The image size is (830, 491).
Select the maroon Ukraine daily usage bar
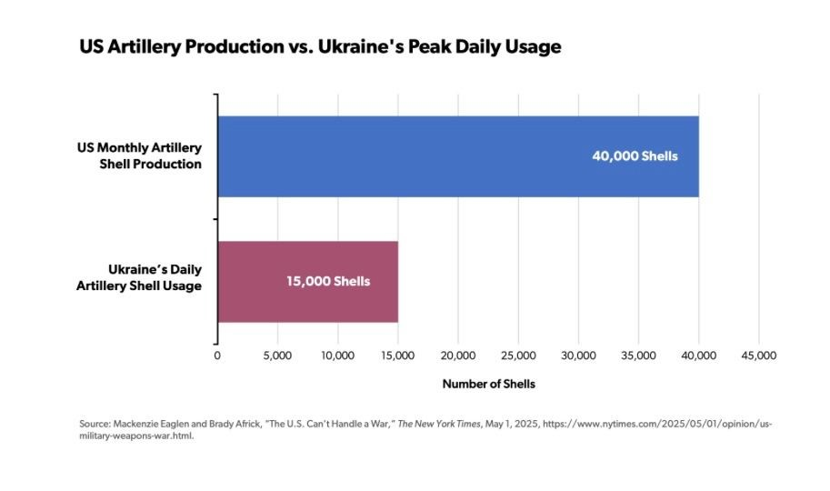[x=307, y=281]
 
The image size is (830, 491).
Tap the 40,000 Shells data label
[x=635, y=156]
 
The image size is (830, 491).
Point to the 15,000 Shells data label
[x=328, y=281]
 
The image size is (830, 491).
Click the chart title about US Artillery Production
[x=320, y=47]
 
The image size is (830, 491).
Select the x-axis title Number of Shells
[x=488, y=384]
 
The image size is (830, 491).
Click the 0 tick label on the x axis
[x=217, y=356]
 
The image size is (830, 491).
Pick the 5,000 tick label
[x=277, y=356]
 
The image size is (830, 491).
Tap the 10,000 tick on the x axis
[x=337, y=356]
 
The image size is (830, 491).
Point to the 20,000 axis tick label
[x=457, y=356]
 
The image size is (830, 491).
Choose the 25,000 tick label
[x=518, y=356]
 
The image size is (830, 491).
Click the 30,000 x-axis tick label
[x=578, y=356]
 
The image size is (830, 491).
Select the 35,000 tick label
[x=638, y=356]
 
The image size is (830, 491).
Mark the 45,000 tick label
[x=758, y=356]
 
